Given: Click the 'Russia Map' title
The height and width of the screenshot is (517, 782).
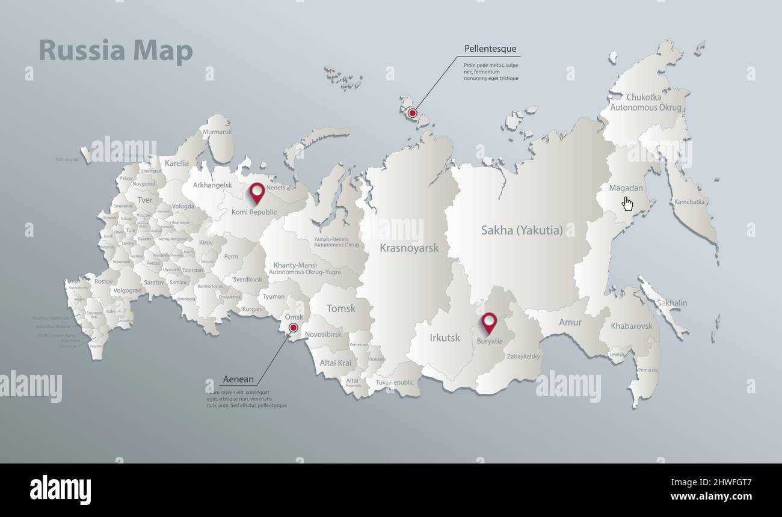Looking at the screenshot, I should pos(115,51).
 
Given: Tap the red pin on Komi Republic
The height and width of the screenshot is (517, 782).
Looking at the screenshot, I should pos(257,192).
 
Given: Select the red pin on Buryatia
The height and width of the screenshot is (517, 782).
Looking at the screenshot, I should pos(489,322).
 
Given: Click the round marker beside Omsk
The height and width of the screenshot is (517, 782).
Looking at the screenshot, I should pos(293,328).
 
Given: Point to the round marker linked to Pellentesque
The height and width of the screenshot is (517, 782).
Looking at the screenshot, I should pos(412,113).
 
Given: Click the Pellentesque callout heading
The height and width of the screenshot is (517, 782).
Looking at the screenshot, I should pos(490,49).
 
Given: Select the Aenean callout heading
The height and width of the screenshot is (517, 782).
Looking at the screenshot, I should pos(238,379).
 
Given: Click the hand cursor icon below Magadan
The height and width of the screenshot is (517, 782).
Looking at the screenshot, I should pos(627,204).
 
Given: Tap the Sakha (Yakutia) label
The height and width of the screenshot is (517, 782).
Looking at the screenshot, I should pos(522,230).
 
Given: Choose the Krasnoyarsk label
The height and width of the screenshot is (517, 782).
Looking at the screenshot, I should pos(409,248).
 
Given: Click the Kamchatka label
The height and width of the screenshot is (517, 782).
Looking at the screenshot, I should pos(689,202).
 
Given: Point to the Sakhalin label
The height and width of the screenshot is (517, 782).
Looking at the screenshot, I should pos(672,303).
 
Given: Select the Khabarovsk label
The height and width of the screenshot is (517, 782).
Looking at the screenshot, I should pos(631,326).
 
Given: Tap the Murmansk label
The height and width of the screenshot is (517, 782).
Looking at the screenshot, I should pos(217,132).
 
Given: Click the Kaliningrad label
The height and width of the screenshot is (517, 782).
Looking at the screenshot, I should pos(67,159).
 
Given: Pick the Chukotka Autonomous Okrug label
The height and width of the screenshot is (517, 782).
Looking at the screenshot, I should pos(645,102).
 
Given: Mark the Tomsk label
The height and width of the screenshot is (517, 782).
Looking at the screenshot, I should pos(341,308).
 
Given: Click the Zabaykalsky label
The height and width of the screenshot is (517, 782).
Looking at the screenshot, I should pos(523,356).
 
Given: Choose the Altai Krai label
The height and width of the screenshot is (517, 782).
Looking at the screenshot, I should pos(336,363).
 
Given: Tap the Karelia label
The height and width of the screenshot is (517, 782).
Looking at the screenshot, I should pos(177,163).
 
